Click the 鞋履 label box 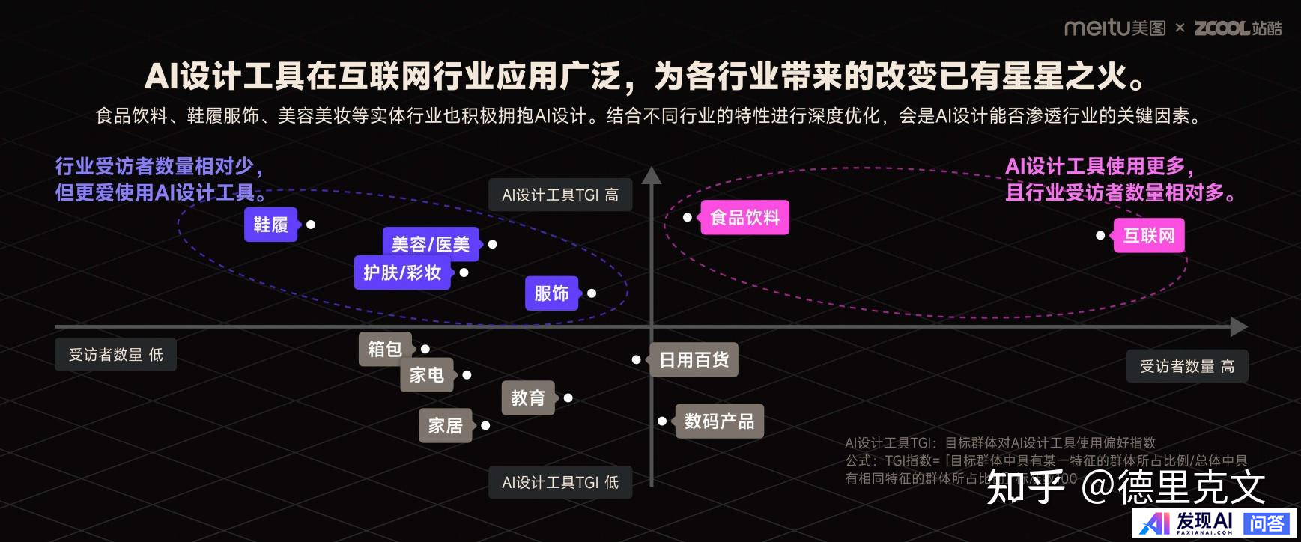pos(270,225)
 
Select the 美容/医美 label pos(431,244)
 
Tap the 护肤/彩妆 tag pos(402,272)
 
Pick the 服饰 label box pos(551,293)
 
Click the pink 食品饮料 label pos(744,218)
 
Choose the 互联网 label pos(1149,236)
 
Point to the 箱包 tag pos(385,349)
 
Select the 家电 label pos(427,375)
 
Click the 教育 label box pos(528,398)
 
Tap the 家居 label pos(445,426)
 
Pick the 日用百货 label pos(694,360)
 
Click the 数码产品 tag pos(719,421)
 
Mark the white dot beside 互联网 pos(1100,236)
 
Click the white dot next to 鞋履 pos(311,225)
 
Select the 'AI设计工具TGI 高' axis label pos(560,195)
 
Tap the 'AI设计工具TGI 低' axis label pos(560,482)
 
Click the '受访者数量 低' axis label pos(115,355)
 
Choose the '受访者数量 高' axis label pos(1187,366)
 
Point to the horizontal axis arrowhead pos(1239,327)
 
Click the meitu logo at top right pos(1115,28)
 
